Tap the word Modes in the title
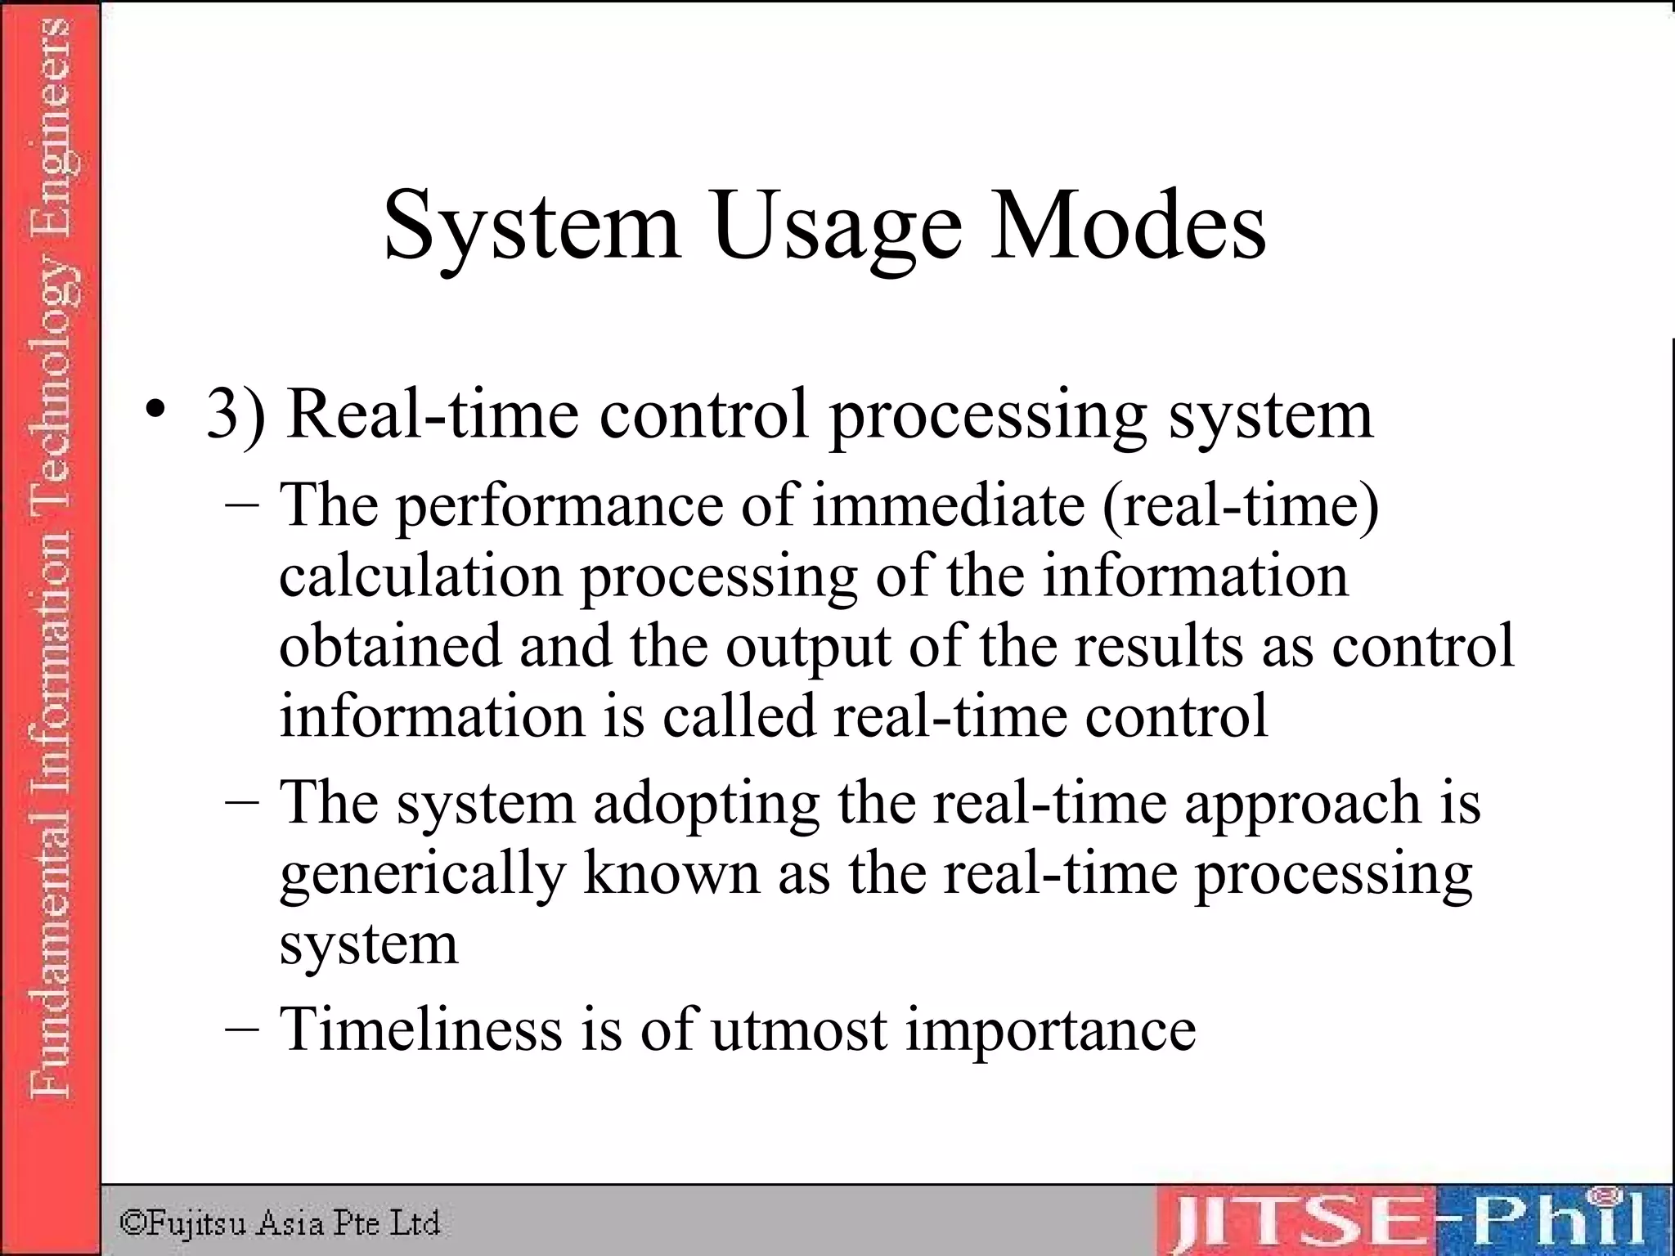pos(1128,225)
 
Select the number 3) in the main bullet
pos(236,414)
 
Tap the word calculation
pos(420,576)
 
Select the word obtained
pos(389,645)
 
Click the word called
pos(739,715)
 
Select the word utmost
pos(799,1029)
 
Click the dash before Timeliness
pos(242,1028)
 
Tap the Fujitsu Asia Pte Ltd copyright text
pos(280,1223)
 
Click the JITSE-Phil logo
pos(1410,1220)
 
